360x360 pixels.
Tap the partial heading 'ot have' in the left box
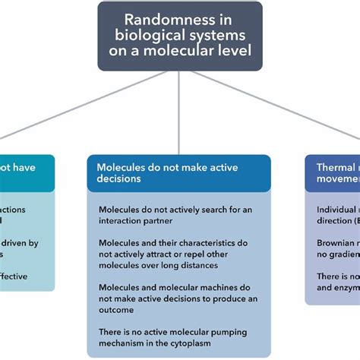coord(17,166)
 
